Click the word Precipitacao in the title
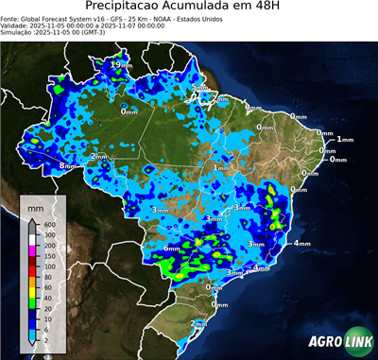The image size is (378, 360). [x=124, y=8]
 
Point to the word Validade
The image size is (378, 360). [x=18, y=26]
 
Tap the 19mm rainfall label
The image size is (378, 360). [x=118, y=63]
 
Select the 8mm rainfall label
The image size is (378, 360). [x=67, y=165]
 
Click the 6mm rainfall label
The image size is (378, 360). [x=172, y=248]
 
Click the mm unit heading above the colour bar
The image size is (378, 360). [x=35, y=206]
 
